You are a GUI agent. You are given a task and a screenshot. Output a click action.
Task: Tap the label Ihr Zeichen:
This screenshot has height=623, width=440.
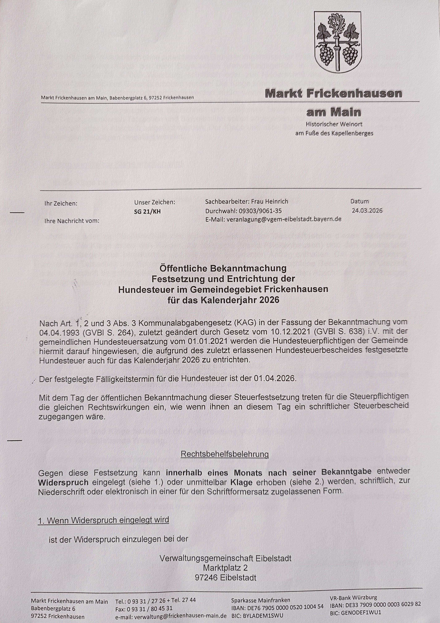point(61,203)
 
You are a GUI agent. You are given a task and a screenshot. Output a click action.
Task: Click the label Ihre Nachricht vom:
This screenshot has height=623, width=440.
point(72,221)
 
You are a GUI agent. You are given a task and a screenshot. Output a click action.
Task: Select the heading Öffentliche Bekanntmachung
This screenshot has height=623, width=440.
point(223,268)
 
